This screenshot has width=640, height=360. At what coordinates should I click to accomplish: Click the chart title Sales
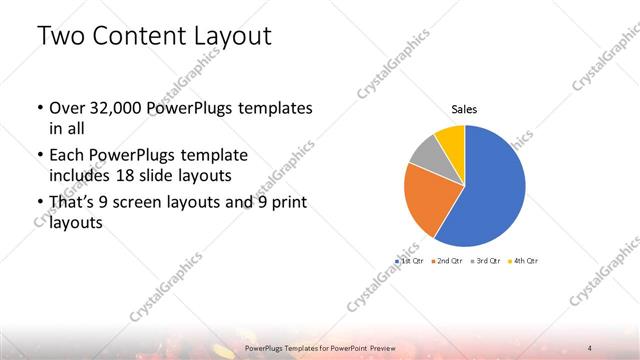click(x=464, y=109)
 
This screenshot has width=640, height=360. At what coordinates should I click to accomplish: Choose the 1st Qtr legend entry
click(x=410, y=260)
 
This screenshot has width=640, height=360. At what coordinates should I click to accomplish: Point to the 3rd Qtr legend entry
click(x=488, y=260)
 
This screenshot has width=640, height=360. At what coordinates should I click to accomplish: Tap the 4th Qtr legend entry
click(x=524, y=260)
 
